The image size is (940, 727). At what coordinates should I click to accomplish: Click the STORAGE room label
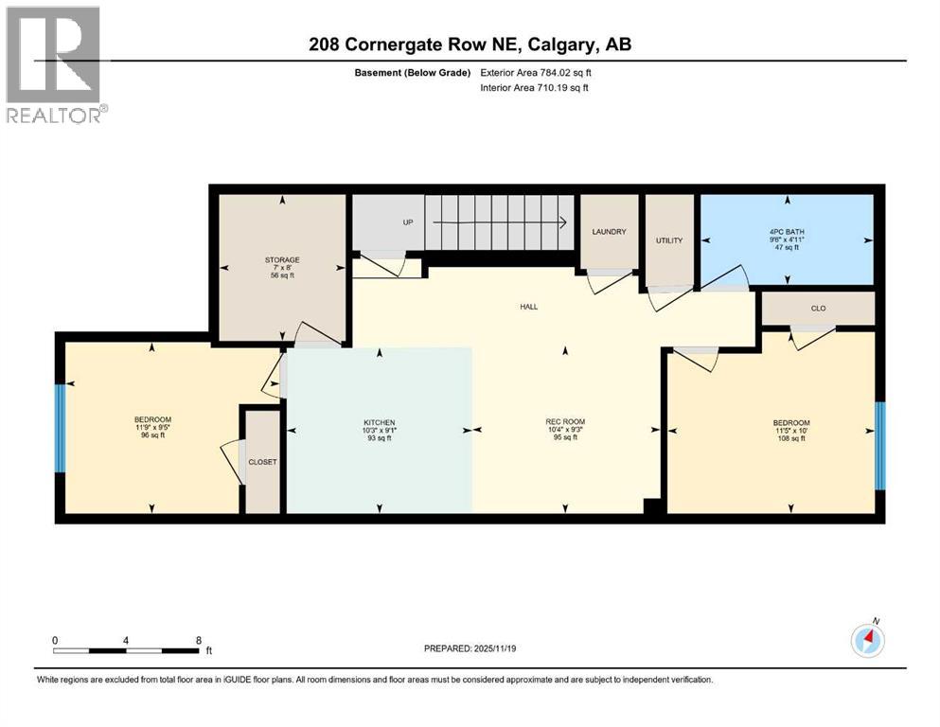pyautogui.click(x=282, y=259)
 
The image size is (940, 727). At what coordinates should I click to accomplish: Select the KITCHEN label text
pyautogui.click(x=380, y=422)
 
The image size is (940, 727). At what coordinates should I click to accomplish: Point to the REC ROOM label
pyautogui.click(x=565, y=422)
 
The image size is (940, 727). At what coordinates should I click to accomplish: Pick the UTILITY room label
pyautogui.click(x=669, y=240)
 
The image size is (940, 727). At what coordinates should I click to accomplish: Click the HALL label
pyautogui.click(x=529, y=306)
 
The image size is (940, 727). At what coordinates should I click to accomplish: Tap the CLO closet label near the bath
pyautogui.click(x=818, y=308)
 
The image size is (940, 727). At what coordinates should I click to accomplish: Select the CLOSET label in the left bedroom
pyautogui.click(x=262, y=462)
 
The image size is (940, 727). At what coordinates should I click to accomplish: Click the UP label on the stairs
pyautogui.click(x=408, y=222)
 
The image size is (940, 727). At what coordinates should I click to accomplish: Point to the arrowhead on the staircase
pyautogui.click(x=562, y=223)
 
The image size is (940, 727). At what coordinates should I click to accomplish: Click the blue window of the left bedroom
pyautogui.click(x=60, y=427)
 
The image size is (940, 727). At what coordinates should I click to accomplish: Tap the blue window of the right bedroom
pyautogui.click(x=879, y=446)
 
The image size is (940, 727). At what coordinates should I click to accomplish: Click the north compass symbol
pyautogui.click(x=867, y=641)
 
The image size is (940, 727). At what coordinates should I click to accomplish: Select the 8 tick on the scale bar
pyautogui.click(x=197, y=640)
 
